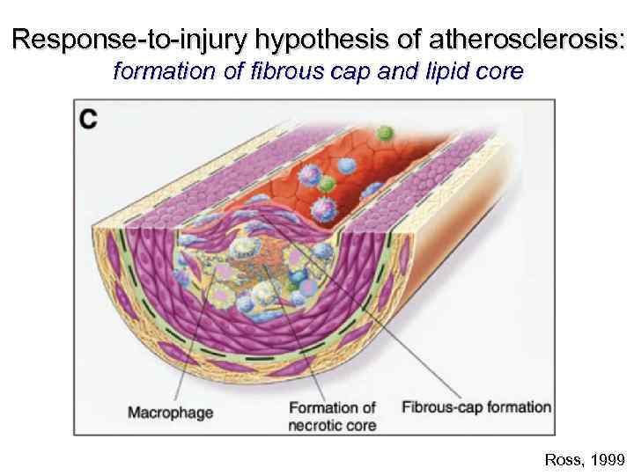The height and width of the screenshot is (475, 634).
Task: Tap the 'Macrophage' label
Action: click(x=171, y=412)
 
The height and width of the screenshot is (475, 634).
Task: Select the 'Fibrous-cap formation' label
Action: click(x=476, y=407)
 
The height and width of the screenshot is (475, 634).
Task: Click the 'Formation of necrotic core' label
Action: click(x=332, y=416)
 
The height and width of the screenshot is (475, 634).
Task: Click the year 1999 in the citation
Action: click(x=606, y=459)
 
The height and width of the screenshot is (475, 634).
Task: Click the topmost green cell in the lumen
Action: click(x=383, y=134)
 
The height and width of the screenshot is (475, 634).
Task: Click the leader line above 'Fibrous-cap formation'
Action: click(x=414, y=352)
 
